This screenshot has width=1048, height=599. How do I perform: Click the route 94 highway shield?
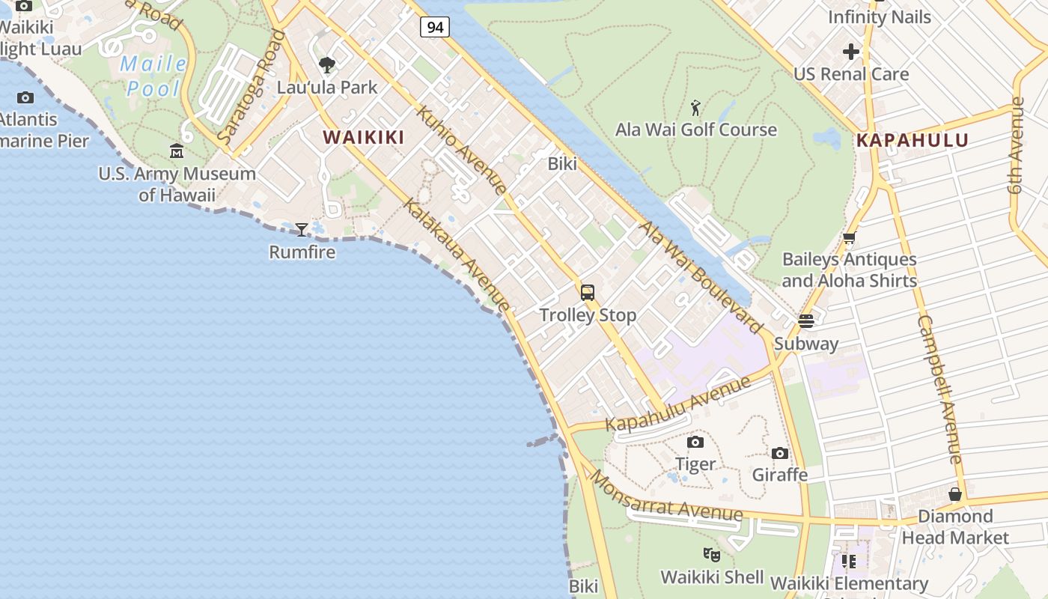tap(434, 28)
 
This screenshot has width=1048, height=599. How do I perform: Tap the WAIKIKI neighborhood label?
tap(363, 137)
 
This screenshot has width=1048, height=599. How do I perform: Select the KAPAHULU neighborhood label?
tap(912, 140)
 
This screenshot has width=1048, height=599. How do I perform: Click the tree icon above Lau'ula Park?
tap(327, 65)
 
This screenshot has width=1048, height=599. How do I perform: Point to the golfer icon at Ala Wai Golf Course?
tap(695, 108)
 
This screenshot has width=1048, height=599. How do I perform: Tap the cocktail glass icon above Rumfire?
tap(302, 230)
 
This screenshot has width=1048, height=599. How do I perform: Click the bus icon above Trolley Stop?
tap(588, 293)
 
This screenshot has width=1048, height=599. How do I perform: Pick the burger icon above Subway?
tap(806, 321)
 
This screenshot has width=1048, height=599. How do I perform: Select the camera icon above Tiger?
tap(695, 442)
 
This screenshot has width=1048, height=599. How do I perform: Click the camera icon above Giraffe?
tap(780, 453)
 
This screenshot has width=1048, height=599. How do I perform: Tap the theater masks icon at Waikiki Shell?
tap(711, 555)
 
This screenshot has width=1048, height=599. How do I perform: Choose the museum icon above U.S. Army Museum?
tap(177, 152)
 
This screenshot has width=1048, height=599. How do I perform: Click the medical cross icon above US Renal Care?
tap(851, 52)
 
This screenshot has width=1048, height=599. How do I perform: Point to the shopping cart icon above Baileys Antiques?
tap(849, 239)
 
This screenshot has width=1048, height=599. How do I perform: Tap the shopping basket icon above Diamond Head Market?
tap(955, 494)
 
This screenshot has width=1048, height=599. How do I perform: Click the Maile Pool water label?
tap(153, 76)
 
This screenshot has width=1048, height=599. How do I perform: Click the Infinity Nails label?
tap(880, 16)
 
